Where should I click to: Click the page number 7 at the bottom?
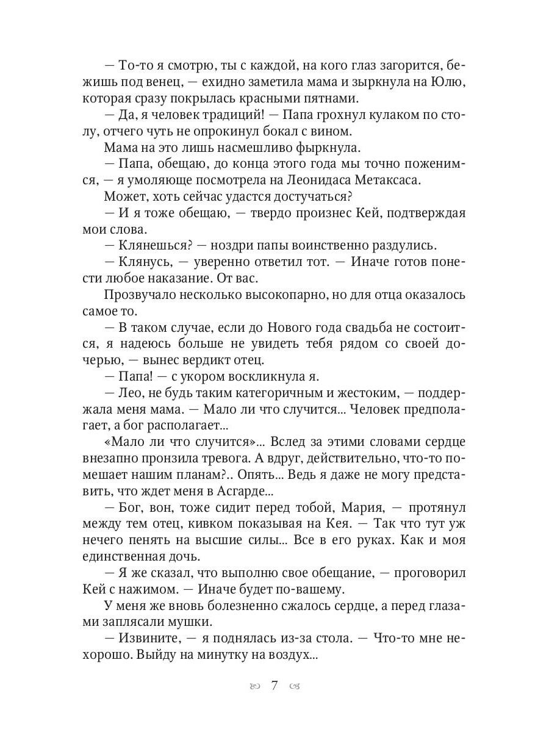click(274, 685)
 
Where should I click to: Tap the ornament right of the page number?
click(295, 686)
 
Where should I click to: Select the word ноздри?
click(230, 246)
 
